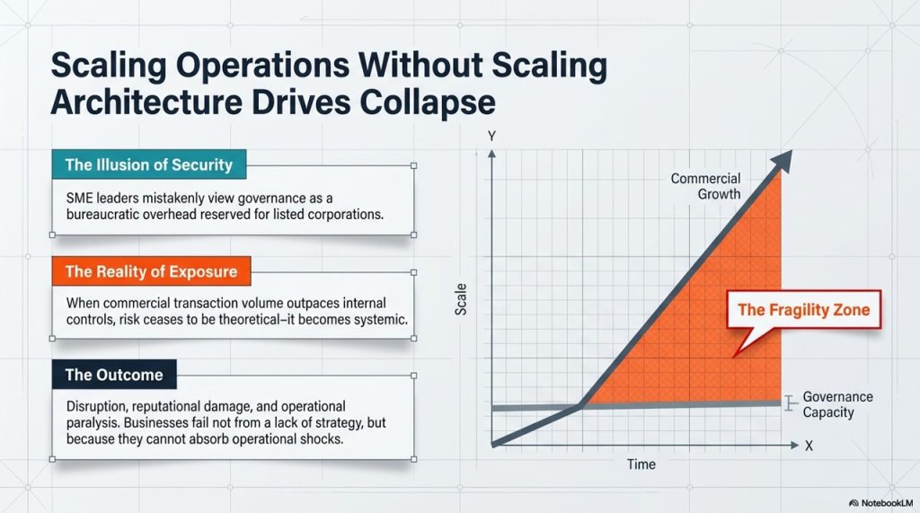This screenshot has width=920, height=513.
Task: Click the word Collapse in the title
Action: [427, 102]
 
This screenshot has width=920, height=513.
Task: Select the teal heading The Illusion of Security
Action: [149, 164]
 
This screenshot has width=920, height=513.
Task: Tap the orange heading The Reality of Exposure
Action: [151, 271]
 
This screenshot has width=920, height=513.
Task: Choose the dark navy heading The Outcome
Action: [114, 375]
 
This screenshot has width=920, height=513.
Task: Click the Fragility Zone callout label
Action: [804, 309]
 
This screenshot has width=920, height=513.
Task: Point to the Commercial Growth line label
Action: [706, 186]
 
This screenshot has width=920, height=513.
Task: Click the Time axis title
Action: [641, 464]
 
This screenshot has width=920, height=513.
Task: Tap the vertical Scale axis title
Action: [461, 299]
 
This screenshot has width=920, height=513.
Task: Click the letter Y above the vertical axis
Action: [491, 137]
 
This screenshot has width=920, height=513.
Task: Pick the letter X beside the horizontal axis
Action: [809, 447]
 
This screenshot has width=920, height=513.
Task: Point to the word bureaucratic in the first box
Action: [101, 215]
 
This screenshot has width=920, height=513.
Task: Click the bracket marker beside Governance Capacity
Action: [790, 403]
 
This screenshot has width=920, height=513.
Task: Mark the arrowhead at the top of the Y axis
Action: [491, 154]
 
